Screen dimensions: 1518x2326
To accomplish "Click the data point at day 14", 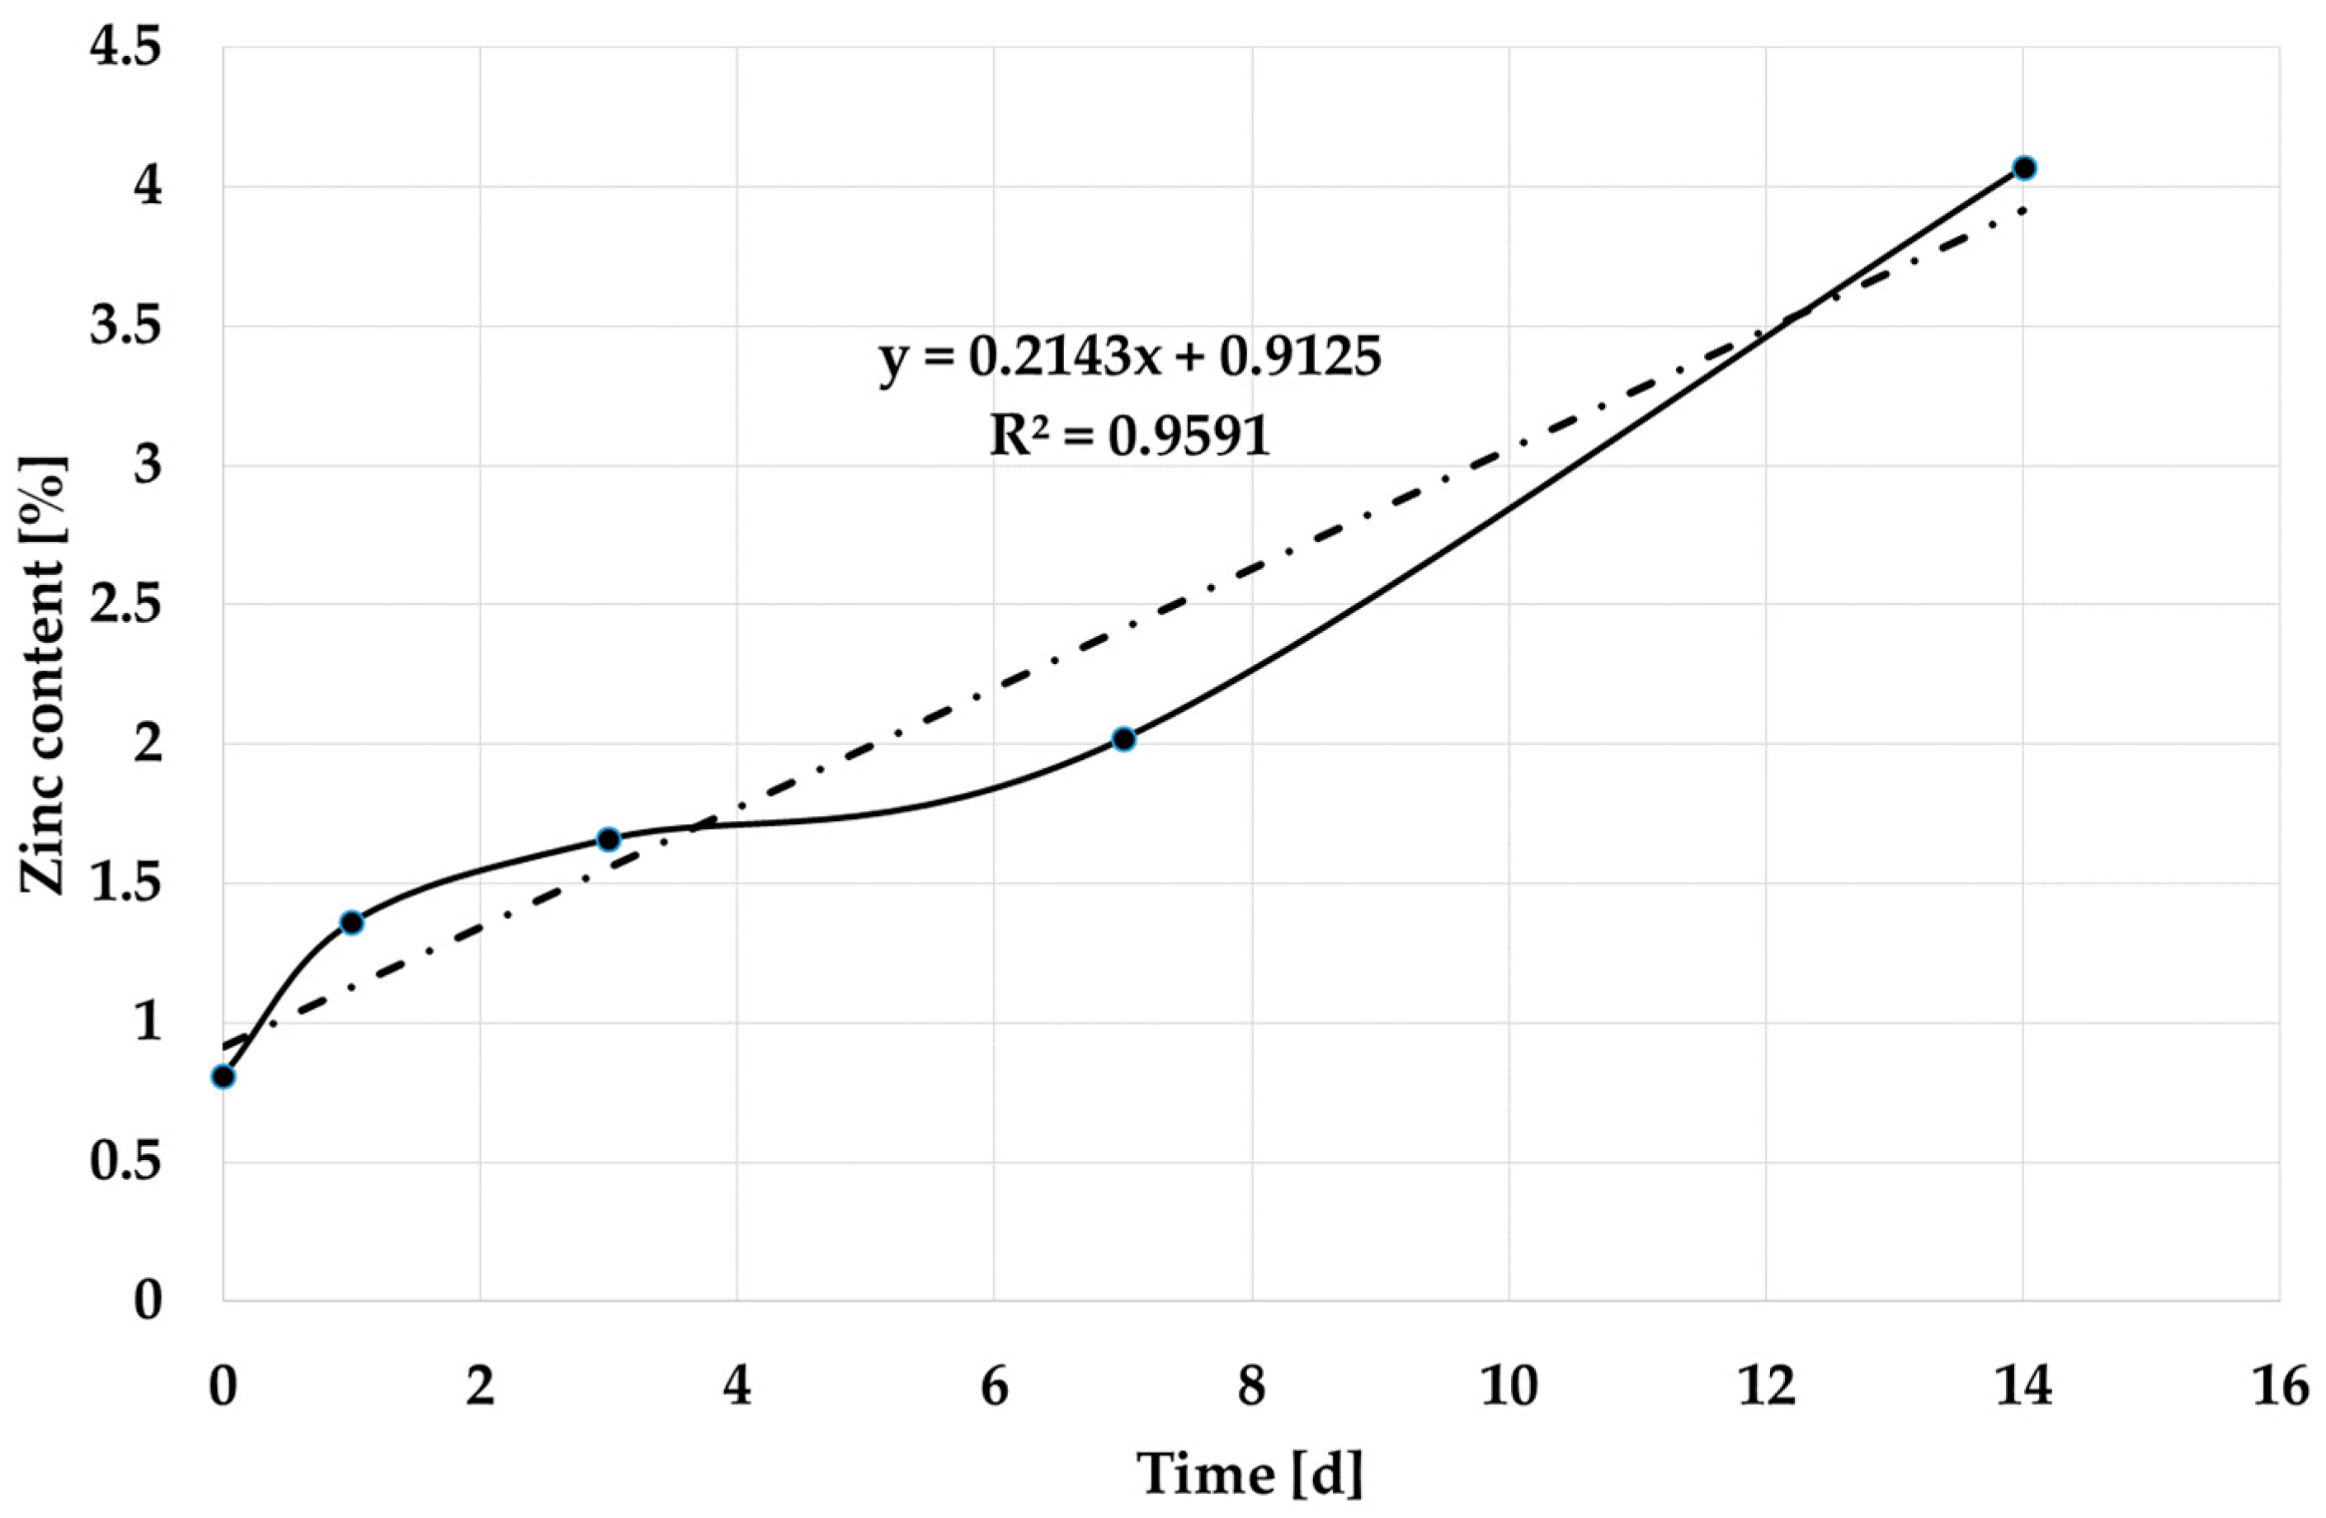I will [2024, 168].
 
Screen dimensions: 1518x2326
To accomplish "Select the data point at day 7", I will [1124, 739].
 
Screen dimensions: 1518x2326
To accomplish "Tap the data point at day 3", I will [609, 840].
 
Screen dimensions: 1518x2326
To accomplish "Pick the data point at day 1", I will [352, 922].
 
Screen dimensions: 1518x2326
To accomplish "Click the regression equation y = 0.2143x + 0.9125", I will [1130, 358].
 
